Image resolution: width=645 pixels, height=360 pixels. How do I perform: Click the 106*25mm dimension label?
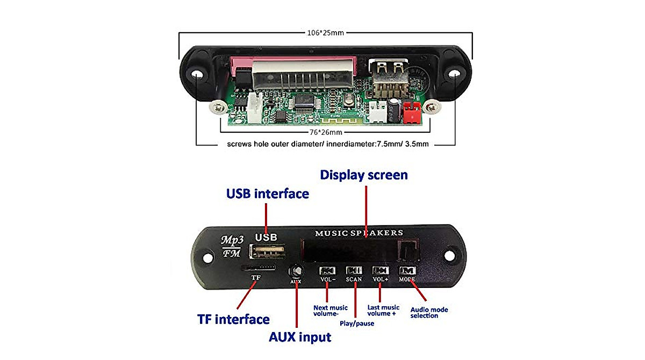[x=325, y=33]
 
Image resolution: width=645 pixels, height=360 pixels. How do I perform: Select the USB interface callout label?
[x=267, y=193]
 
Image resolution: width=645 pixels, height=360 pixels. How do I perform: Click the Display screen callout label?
[x=364, y=175]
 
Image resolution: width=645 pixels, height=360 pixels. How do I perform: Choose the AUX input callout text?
[x=300, y=337]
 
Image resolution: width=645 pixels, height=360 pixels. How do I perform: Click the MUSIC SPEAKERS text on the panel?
[x=359, y=233]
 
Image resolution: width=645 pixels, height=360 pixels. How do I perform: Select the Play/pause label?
[x=357, y=323]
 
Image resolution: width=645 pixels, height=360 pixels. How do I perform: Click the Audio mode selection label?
[x=429, y=312]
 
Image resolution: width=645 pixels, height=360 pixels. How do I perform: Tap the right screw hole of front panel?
[x=449, y=256]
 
